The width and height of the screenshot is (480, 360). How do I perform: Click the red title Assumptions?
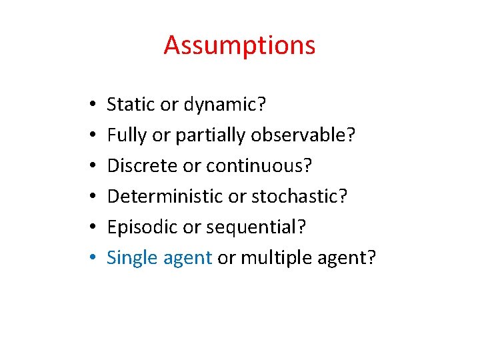(239, 46)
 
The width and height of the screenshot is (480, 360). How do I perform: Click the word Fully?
(127, 135)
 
